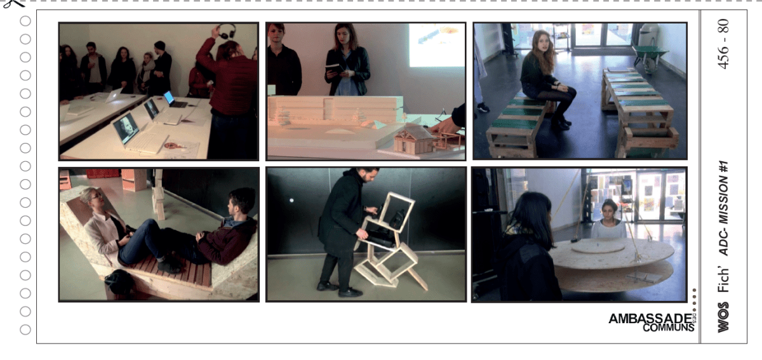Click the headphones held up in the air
pos(227,31)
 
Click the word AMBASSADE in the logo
pos(650,319)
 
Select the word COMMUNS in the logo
pos(669,328)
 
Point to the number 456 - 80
pos(723,44)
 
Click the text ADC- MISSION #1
pos(723,208)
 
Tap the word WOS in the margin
pos(723,317)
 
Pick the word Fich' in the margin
pos(723,279)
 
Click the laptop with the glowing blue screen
pos(173,100)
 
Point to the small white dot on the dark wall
pos(291,201)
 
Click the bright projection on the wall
pos(437,45)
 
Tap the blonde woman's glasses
pos(96,196)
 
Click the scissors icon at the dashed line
pos(13,3)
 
